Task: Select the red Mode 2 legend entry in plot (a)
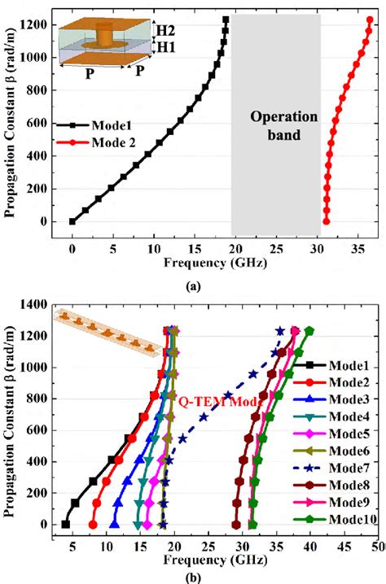tap(95, 142)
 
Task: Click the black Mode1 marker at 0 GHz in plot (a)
tap(72, 221)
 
